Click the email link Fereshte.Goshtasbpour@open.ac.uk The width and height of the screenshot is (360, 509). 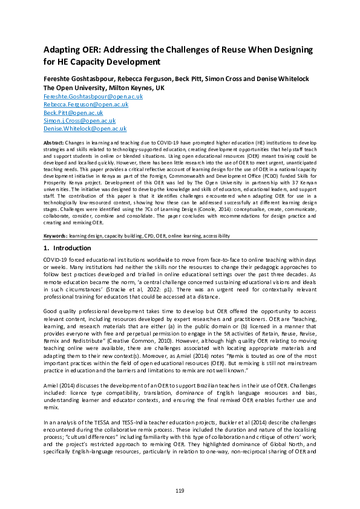[93, 96]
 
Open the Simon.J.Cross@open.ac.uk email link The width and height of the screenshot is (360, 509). [79, 121]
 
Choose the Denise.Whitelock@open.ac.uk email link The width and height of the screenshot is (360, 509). [85, 129]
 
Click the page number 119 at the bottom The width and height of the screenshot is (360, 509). [180, 490]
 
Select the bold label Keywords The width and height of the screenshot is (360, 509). [56, 235]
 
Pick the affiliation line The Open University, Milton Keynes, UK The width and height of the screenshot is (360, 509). [104, 88]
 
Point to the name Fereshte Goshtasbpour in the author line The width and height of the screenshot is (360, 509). [80, 79]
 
